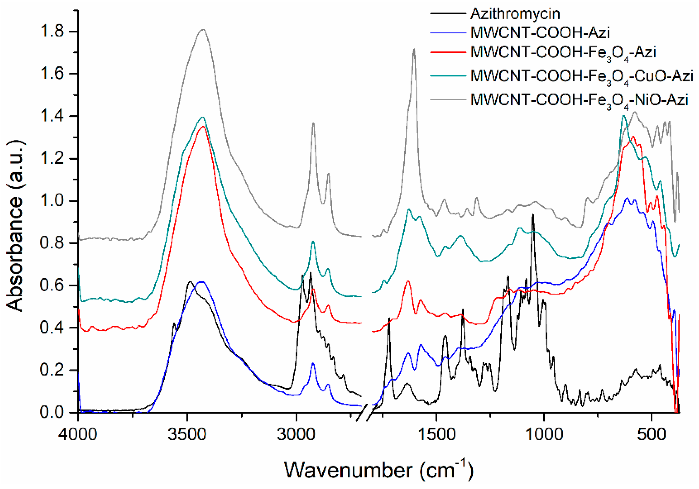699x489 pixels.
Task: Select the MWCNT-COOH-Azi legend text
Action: tap(540, 32)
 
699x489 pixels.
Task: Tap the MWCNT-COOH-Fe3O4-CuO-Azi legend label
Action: tap(581, 77)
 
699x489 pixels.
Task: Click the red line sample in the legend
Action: tap(448, 52)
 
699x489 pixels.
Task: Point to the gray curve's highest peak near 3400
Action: tap(203, 29)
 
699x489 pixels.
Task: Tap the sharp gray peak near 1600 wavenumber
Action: tap(414, 49)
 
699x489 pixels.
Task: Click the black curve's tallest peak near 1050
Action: tap(533, 215)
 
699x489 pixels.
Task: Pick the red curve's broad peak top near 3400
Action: tap(203, 126)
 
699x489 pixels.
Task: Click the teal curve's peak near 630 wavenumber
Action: tap(623, 116)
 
